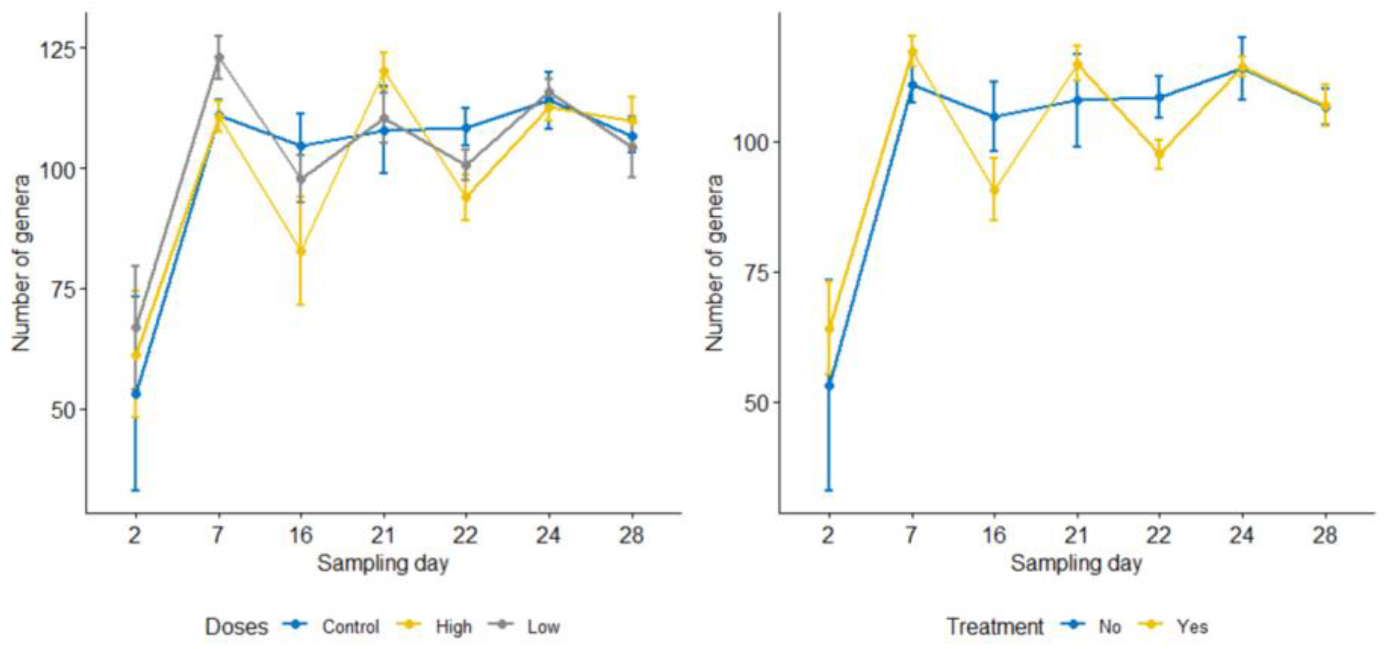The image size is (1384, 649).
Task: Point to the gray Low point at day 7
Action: (x=219, y=57)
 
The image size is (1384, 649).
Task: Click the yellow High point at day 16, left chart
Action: (x=301, y=251)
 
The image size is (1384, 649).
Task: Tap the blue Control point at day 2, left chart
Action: (x=136, y=394)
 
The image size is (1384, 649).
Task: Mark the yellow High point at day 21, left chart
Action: (x=384, y=72)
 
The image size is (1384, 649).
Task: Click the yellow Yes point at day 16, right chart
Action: (x=994, y=189)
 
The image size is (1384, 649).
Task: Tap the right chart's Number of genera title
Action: (x=714, y=263)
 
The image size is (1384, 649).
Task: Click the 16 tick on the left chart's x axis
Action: (x=301, y=535)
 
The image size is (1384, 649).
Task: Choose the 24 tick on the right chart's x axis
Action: (x=1242, y=535)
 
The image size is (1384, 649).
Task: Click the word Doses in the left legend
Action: (x=236, y=627)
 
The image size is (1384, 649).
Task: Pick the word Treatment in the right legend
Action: (x=995, y=626)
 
